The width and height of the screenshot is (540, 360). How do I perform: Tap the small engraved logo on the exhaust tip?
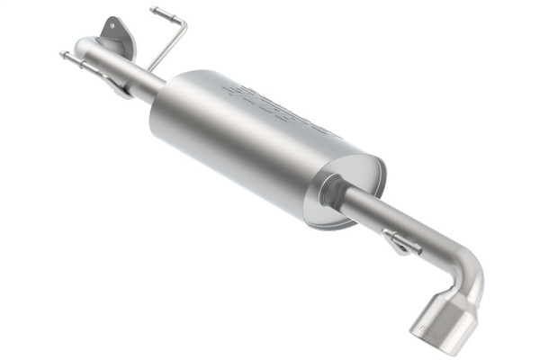pos(430,324)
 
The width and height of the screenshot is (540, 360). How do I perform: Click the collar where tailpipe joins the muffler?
pos(338,194)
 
